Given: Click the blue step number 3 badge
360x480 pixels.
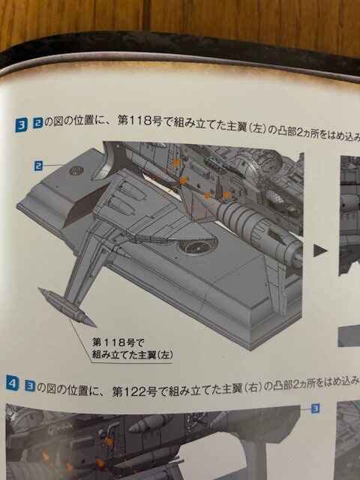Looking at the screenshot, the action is coord(21,125).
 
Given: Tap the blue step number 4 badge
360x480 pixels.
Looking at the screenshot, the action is coord(13,384).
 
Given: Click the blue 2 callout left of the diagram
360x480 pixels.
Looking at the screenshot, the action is coord(38,166).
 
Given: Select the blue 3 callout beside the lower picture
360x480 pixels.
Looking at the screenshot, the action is coord(315,408).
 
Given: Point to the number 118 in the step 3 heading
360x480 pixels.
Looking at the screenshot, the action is coord(140,121).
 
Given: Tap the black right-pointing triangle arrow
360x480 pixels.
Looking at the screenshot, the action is coord(320,251).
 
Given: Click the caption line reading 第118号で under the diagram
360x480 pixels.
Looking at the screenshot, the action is coord(118,342).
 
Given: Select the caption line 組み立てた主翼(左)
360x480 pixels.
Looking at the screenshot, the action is coord(133,355).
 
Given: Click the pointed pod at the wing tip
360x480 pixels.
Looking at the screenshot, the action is coord(67,307).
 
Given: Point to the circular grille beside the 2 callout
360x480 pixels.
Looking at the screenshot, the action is coord(76,170).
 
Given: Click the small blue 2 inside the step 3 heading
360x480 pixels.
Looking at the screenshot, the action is coord(37,124).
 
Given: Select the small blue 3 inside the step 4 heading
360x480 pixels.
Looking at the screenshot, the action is coord(30,386).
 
